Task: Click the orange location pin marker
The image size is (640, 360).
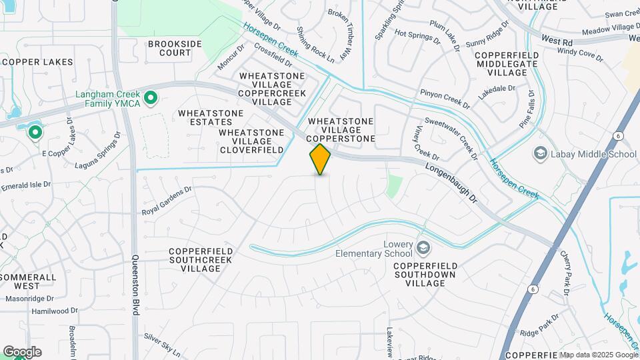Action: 321,159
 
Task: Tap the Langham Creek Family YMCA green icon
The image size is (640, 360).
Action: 151,100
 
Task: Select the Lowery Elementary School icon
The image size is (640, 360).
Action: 423,249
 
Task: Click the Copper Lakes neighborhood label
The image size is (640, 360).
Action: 37,62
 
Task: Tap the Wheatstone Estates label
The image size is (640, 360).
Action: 211,118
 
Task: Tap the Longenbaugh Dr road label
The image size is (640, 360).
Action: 451,185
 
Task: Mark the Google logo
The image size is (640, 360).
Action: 21,352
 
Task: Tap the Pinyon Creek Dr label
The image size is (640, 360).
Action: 445,97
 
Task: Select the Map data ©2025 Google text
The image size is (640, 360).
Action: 598,355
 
